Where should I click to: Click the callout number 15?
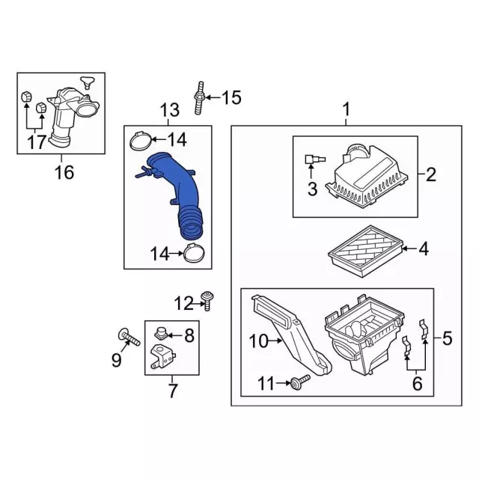click(x=231, y=98)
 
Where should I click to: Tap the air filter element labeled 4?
click(x=366, y=251)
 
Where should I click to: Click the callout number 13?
click(x=170, y=110)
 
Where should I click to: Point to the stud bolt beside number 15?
click(x=199, y=98)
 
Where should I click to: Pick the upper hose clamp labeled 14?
click(x=141, y=141)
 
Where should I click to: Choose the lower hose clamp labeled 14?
click(x=194, y=253)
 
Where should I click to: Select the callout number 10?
click(x=259, y=341)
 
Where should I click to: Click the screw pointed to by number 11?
click(x=299, y=382)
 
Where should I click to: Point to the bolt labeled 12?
click(x=207, y=301)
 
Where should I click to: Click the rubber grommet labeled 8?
click(x=161, y=333)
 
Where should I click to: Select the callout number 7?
click(x=172, y=390)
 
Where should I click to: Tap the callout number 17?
click(x=37, y=141)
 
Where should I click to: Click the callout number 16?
click(x=64, y=172)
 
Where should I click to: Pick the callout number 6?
click(x=417, y=383)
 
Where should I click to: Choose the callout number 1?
click(x=346, y=109)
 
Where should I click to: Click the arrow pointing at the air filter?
click(x=409, y=249)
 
